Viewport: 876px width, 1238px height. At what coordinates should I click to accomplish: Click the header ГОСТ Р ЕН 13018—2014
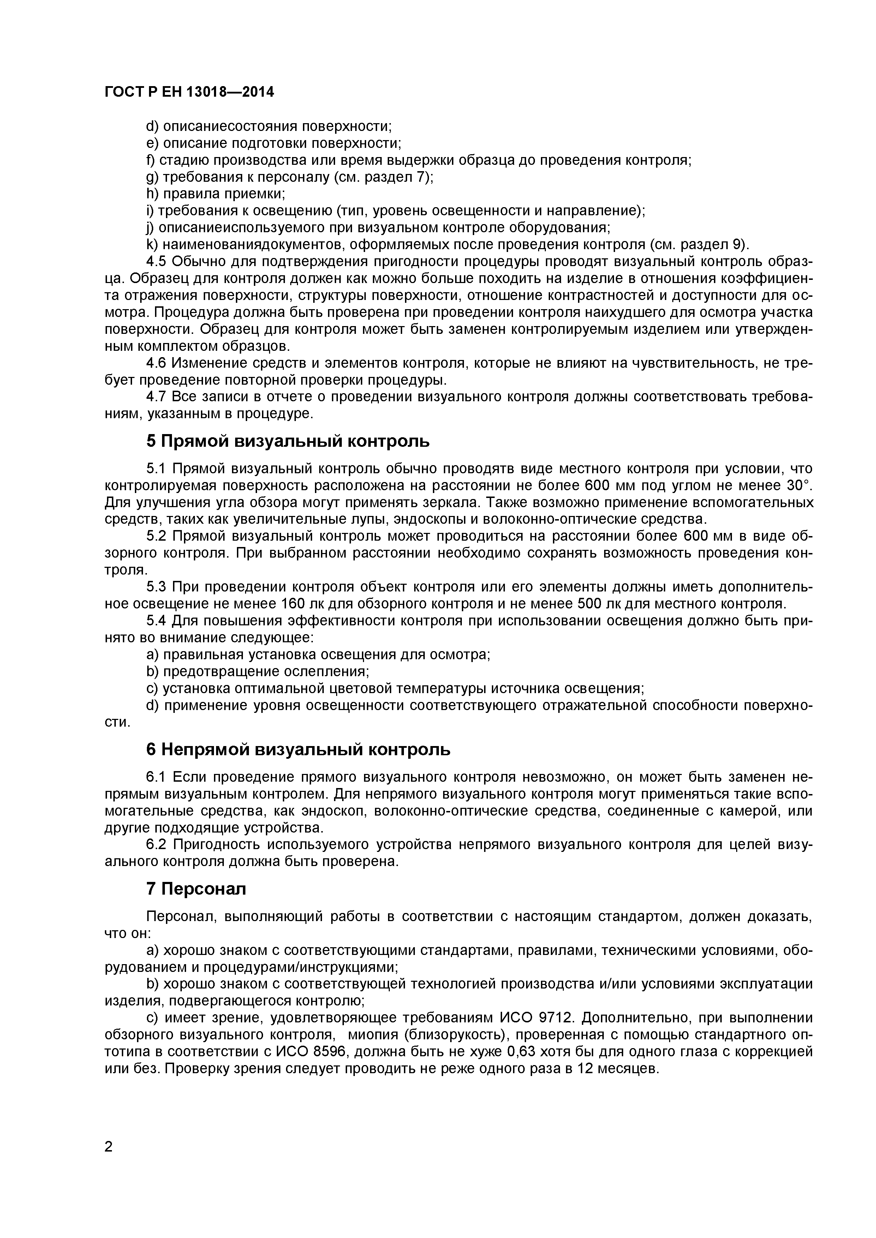click(x=189, y=92)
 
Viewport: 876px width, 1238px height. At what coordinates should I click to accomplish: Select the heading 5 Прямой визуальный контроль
click(x=288, y=441)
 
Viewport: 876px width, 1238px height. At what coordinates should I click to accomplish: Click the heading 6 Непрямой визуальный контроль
click(x=298, y=750)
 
